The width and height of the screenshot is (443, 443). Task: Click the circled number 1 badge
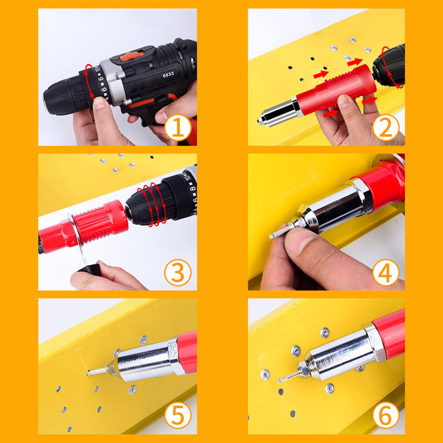(178, 127)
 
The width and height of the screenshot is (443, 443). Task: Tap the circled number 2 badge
(385, 127)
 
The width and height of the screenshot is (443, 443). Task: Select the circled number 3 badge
(178, 272)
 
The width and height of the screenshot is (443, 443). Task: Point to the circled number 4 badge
(385, 272)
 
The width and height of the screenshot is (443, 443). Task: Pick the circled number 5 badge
(178, 415)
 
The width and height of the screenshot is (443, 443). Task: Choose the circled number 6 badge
(385, 415)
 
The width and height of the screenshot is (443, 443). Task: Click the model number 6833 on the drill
(168, 75)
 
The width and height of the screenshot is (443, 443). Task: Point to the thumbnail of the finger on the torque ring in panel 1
(99, 102)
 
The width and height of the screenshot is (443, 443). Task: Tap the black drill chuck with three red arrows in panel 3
(147, 203)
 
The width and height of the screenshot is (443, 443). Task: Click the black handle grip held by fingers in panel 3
(89, 269)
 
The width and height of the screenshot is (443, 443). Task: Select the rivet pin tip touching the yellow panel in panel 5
(89, 373)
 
